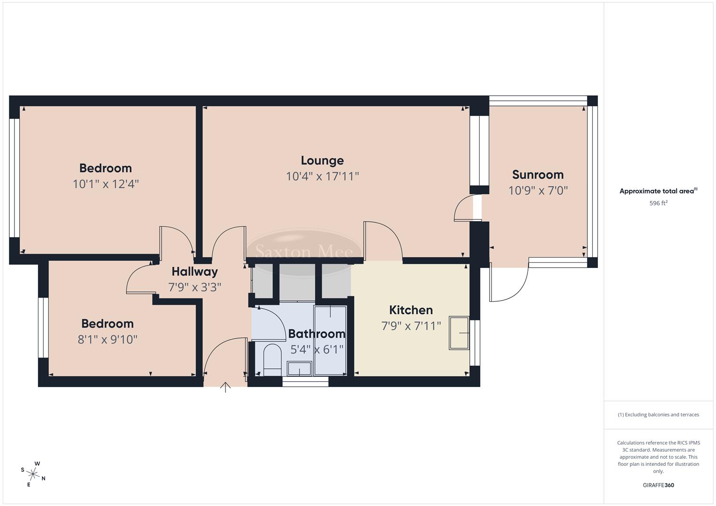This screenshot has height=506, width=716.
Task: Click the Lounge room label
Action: point(322,161)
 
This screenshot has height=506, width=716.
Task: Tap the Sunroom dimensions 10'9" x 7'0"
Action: point(538,191)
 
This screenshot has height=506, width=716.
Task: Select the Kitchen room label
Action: point(411,310)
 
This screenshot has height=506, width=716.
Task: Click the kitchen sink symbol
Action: point(459,333)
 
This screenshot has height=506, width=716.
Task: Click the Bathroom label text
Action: point(317,334)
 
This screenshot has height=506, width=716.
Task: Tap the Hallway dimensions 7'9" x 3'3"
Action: point(195,287)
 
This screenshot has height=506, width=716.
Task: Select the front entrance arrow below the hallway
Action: point(226,387)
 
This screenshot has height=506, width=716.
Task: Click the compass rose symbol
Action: point(33,474)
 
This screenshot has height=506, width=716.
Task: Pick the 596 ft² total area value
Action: point(658,203)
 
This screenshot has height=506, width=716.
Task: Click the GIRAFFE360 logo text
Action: point(658,485)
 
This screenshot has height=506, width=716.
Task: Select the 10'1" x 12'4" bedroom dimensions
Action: point(106,184)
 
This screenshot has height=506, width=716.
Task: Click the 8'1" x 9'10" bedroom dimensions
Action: point(107,340)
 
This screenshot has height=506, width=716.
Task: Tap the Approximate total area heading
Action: point(658,191)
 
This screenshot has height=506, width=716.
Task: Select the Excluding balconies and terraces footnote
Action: point(658,415)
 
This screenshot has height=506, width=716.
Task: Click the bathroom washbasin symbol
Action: point(299,369)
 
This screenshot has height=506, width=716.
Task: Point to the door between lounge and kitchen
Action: point(382,240)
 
